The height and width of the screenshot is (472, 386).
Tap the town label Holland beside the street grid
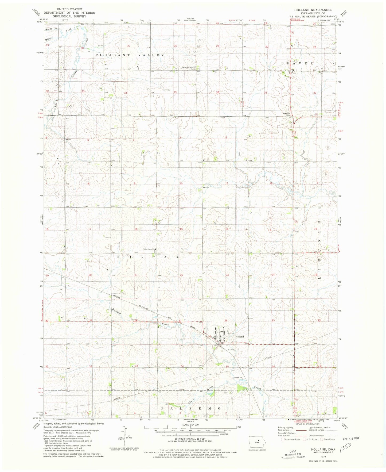pos(239,336)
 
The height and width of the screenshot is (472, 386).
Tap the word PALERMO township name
pos(191,409)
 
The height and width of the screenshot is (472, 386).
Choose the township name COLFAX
pos(147,257)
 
